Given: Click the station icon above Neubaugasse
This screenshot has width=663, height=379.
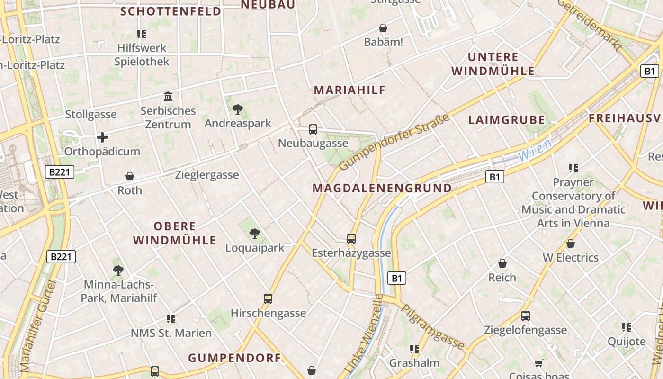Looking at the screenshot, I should [313, 129].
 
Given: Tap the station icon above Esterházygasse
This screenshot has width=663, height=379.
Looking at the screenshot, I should [351, 238].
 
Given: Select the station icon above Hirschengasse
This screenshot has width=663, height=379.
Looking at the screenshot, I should [268, 298].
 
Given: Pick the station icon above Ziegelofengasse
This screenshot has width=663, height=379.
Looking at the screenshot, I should [525, 316].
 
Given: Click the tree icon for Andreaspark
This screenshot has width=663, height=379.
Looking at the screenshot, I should [238, 110].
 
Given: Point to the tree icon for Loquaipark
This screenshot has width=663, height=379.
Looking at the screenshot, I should [255, 233].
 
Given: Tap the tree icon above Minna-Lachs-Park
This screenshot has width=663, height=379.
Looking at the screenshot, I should [118, 271].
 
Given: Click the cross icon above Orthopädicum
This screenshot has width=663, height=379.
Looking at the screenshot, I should [102, 137].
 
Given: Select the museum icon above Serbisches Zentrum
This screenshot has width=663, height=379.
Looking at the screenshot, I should [168, 97].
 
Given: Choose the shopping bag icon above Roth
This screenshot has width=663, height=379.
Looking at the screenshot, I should [130, 176].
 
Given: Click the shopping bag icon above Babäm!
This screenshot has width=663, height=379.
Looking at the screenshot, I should [383, 28].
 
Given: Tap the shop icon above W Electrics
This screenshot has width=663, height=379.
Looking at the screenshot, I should [571, 244].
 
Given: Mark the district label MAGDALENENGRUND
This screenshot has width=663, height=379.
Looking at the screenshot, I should [382, 188].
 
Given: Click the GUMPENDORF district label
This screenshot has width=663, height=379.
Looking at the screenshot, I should [235, 358].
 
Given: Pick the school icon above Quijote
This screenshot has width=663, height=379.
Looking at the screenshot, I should [627, 327].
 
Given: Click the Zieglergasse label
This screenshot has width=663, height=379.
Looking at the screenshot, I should [207, 175].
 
